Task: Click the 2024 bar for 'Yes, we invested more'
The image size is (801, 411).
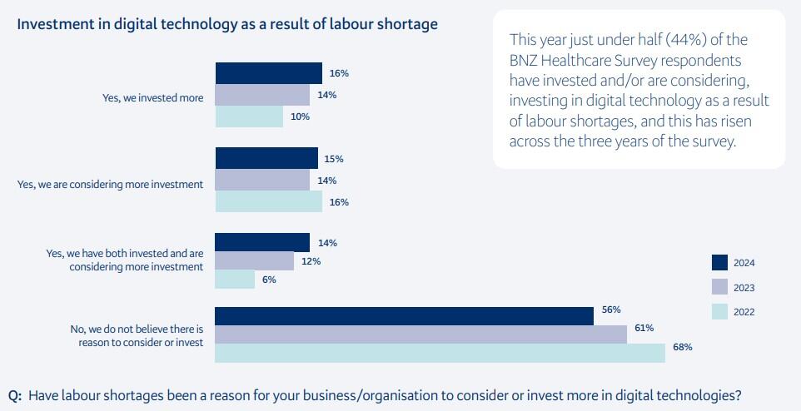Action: [x=268, y=73]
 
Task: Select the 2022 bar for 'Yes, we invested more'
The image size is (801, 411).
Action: [x=249, y=116]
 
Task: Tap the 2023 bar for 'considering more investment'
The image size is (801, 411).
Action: [x=262, y=181]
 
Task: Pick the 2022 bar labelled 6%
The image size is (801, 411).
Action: [x=235, y=280]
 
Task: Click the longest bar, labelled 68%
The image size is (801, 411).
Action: [x=440, y=353]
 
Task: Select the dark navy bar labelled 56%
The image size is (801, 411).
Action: [x=404, y=315]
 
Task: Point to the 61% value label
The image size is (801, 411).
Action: [x=644, y=328]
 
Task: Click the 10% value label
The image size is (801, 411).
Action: [x=300, y=116]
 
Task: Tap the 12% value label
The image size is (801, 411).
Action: [x=311, y=261]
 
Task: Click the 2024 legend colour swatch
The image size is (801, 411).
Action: [x=720, y=263]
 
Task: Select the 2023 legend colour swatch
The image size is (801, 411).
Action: [x=720, y=287]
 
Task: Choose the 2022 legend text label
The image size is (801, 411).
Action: [x=744, y=312]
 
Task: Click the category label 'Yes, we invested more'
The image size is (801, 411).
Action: [x=152, y=97]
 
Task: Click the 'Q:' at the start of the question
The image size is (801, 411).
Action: [x=15, y=395]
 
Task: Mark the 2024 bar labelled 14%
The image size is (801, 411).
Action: [x=262, y=242]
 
